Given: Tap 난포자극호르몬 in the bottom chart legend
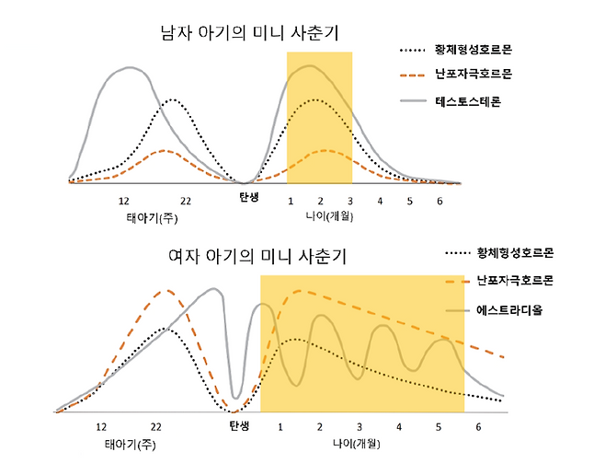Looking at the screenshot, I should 519,280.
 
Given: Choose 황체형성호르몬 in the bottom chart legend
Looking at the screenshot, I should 519,252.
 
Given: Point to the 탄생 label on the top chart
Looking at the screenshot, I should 248,198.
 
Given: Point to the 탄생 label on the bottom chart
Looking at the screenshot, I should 238,426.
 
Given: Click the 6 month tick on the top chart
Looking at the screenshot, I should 439,201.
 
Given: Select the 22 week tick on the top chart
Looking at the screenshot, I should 185,202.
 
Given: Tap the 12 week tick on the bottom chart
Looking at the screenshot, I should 101,427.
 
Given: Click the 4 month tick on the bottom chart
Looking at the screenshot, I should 399,427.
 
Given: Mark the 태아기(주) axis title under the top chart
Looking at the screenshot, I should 152,218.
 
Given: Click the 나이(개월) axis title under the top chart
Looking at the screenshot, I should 331,218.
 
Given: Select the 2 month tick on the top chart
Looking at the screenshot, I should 321,201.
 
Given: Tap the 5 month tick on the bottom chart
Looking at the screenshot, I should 439,427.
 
